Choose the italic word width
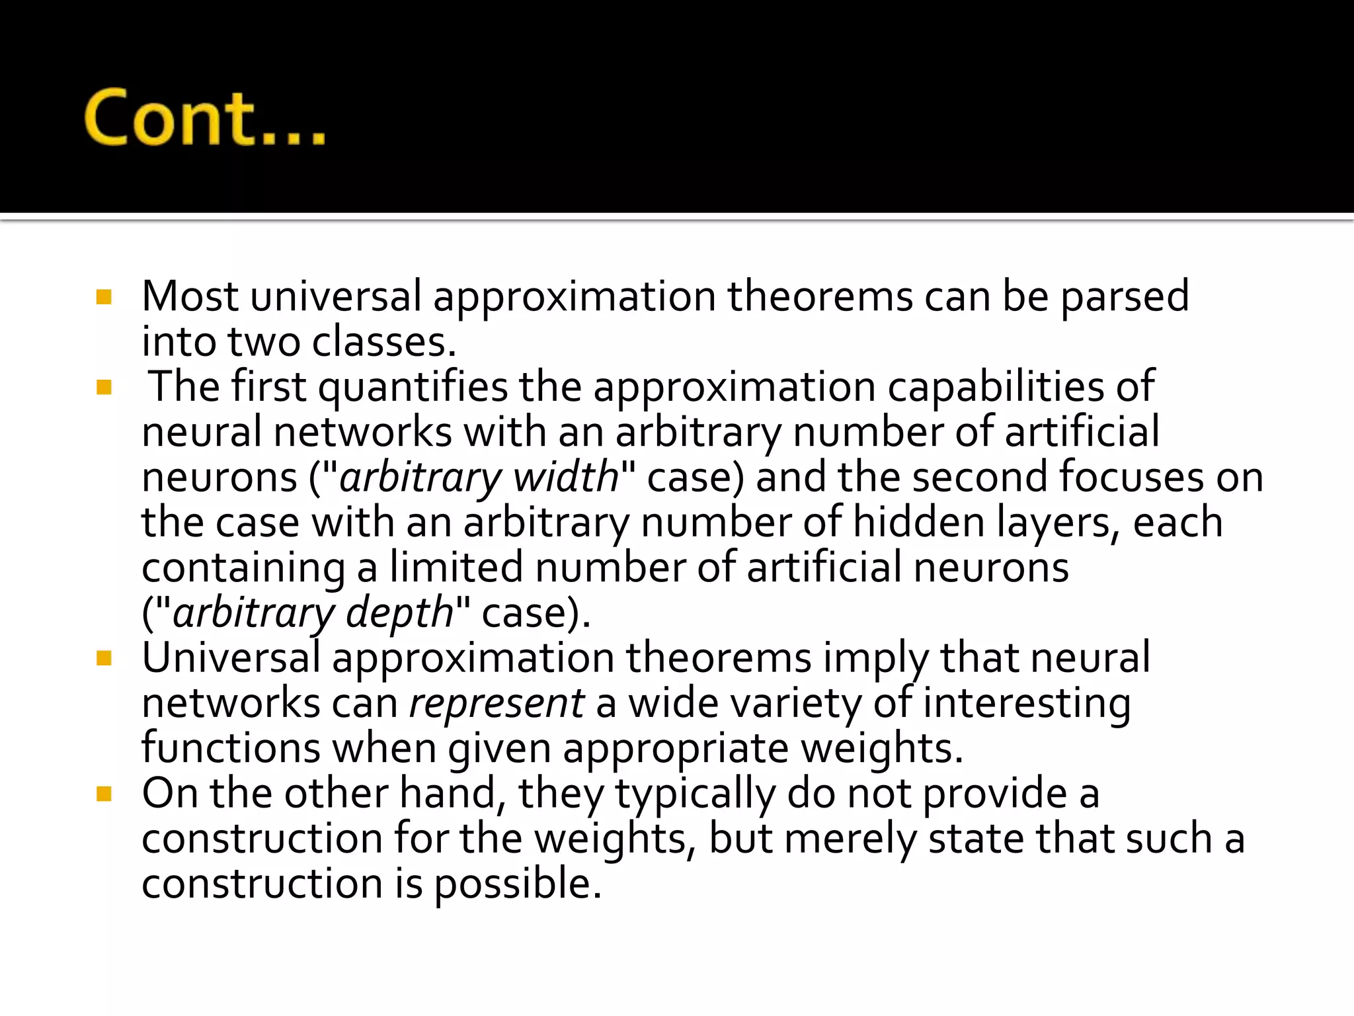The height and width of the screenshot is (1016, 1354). point(566,477)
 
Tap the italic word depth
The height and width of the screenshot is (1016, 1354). point(399,613)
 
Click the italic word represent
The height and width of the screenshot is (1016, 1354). point(497,702)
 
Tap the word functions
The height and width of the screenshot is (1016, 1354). point(231,748)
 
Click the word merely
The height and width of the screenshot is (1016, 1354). point(850,838)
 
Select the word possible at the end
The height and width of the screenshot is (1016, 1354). point(518,884)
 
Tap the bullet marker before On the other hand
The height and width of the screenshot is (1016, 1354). point(104,793)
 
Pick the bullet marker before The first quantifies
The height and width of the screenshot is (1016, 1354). point(104,387)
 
